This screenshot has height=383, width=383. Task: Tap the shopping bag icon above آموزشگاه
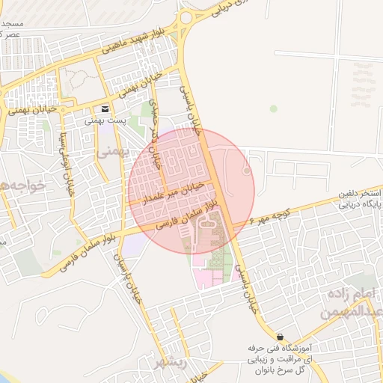pyautogui.click(x=280, y=337)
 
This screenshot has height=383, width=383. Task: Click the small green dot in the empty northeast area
pyautogui.click(x=274, y=108)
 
